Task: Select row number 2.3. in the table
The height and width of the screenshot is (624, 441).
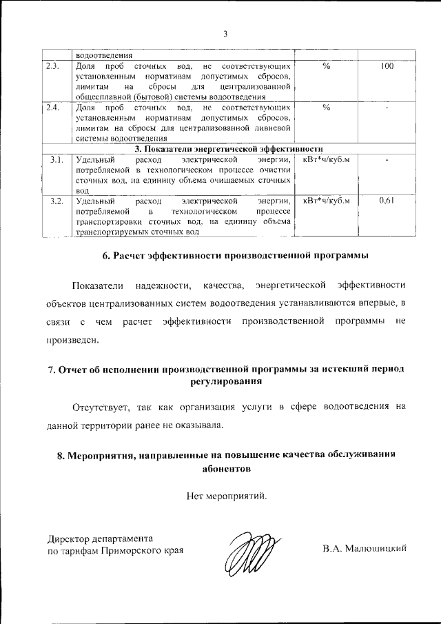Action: (53, 67)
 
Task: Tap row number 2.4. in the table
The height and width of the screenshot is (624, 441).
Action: (53, 108)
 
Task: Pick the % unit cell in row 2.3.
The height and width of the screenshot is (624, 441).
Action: (327, 67)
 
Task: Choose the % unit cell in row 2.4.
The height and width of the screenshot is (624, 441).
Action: (327, 108)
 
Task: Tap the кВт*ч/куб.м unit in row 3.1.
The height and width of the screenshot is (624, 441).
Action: (327, 160)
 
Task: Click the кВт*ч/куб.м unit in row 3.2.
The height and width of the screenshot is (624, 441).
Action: (327, 201)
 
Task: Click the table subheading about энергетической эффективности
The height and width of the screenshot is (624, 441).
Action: (229, 148)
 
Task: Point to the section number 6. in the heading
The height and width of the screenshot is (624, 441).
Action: (107, 256)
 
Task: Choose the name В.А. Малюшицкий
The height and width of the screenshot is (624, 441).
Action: (365, 550)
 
